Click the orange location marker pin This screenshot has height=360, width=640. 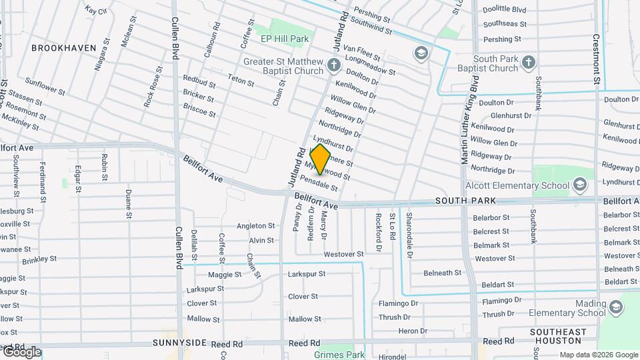click(x=321, y=159)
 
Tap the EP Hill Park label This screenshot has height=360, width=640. click(x=285, y=39)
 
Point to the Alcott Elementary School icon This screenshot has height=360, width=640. click(x=580, y=184)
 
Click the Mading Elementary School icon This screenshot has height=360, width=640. click(x=616, y=307)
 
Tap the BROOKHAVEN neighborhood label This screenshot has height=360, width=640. click(x=64, y=48)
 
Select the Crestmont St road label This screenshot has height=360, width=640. click(x=596, y=59)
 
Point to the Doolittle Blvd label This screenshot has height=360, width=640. click(x=505, y=9)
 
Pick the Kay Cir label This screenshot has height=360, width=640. click(x=97, y=10)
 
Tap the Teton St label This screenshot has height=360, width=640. click(x=241, y=81)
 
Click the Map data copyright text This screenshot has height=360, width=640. click(x=598, y=355)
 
